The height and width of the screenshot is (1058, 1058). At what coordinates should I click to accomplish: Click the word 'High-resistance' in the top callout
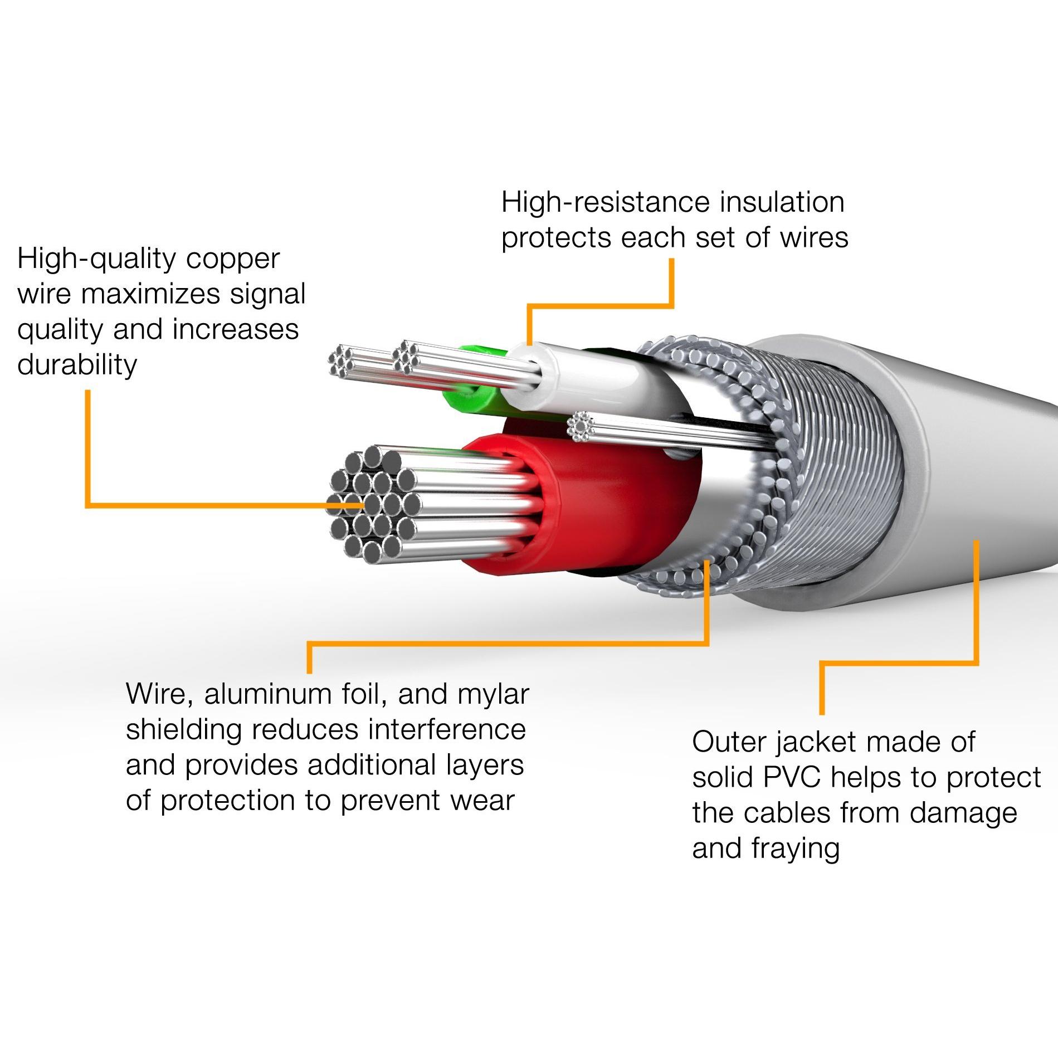[606, 202]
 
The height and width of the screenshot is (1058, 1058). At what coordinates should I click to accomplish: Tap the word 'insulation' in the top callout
[782, 202]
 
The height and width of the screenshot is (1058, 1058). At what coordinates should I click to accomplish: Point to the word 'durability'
[77, 365]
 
